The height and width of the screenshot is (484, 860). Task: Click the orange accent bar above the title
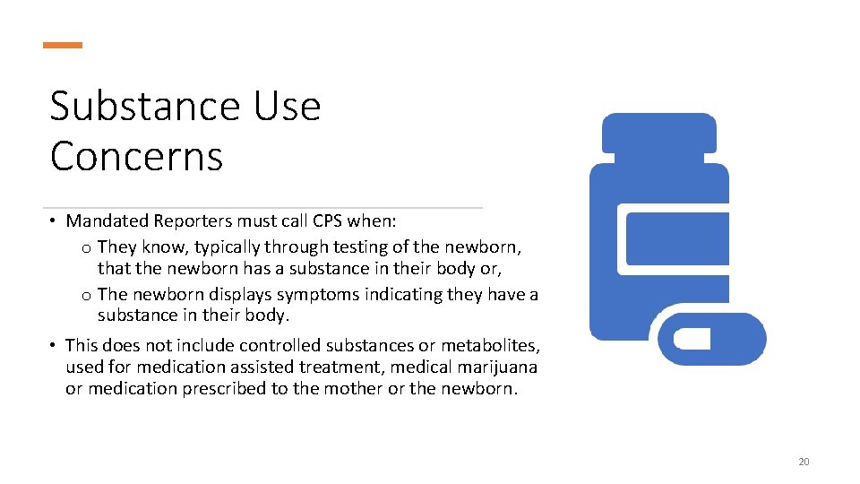pos(63,45)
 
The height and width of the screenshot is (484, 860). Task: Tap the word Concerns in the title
pos(136,156)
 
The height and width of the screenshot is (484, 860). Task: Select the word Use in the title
pos(287,107)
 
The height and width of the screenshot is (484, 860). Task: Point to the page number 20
pos(803,462)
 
